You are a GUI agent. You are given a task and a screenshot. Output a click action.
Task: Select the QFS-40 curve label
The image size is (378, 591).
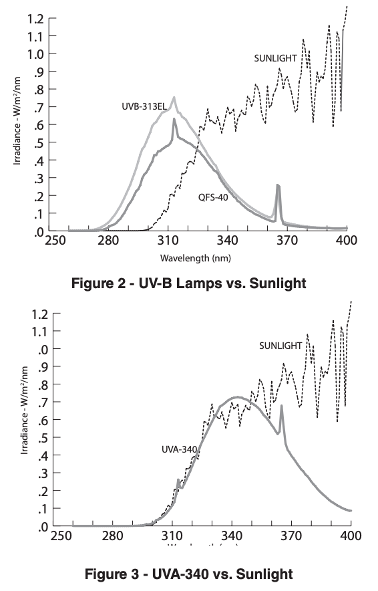pos(213,197)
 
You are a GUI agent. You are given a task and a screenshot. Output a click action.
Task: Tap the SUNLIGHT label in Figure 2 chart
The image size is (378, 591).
pos(275,58)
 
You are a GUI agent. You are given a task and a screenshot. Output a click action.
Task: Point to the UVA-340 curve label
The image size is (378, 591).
pos(178,449)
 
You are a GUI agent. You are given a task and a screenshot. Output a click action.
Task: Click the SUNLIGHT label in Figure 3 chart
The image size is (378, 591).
pos(280,345)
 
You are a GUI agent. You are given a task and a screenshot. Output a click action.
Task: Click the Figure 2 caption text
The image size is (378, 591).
pos(188,283)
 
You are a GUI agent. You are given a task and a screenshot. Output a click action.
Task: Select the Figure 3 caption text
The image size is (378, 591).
pos(190,573)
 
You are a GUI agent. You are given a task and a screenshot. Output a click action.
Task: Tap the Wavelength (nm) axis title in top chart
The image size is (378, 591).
pos(196,257)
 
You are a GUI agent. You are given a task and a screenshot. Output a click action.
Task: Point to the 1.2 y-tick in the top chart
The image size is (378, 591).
pos(37,18)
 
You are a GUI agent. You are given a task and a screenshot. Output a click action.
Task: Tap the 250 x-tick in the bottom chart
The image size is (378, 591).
pos(60,536)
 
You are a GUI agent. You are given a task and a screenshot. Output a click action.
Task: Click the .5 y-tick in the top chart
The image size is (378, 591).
pos(39,142)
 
